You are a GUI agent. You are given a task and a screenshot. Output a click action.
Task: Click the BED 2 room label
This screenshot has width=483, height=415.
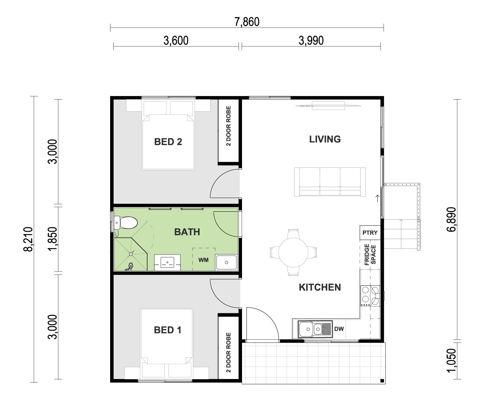point(168,142)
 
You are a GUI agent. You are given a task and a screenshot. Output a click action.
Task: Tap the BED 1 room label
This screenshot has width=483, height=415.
point(167,330)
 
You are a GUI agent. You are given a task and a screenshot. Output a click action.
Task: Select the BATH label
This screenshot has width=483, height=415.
point(187,232)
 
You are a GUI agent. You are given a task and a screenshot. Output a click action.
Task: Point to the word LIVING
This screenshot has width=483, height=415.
point(325,139)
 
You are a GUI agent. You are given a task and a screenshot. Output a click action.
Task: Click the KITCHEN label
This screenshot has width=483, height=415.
point(320,287)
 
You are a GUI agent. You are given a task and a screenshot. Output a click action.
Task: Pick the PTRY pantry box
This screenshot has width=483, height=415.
point(370,233)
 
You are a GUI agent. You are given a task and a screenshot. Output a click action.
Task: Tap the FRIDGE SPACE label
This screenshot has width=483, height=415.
point(370,255)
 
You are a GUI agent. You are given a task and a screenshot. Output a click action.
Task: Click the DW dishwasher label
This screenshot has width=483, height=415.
point(339,329)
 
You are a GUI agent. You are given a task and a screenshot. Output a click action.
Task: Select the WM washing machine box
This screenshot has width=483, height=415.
point(204,259)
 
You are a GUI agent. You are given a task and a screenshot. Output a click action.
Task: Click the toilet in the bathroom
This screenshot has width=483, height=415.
point(125,223)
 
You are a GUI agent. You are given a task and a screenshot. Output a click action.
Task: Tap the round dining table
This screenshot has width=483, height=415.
point(293,252)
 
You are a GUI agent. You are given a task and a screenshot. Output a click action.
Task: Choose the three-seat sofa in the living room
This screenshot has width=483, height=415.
point(330,182)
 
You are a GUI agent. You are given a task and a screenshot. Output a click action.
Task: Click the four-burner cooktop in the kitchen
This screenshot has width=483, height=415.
point(370,296)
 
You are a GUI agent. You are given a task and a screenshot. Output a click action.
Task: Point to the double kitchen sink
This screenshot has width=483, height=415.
point(315,329)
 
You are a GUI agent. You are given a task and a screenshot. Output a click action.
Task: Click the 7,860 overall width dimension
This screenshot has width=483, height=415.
point(247,22)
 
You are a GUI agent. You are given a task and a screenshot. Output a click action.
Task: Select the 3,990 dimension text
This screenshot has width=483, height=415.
point(311,40)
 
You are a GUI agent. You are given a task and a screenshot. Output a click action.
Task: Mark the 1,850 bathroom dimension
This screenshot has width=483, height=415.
point(52,239)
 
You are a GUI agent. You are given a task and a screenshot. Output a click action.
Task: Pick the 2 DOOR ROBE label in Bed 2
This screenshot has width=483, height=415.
point(228,126)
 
